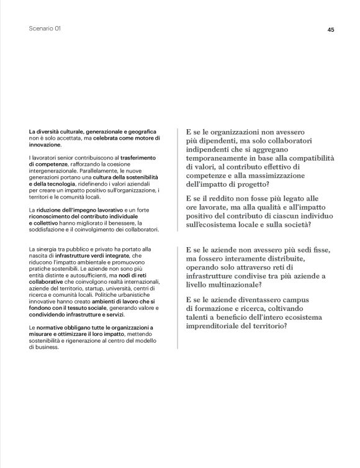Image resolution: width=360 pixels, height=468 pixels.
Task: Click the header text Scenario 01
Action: pyautogui.click(x=47, y=29)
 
